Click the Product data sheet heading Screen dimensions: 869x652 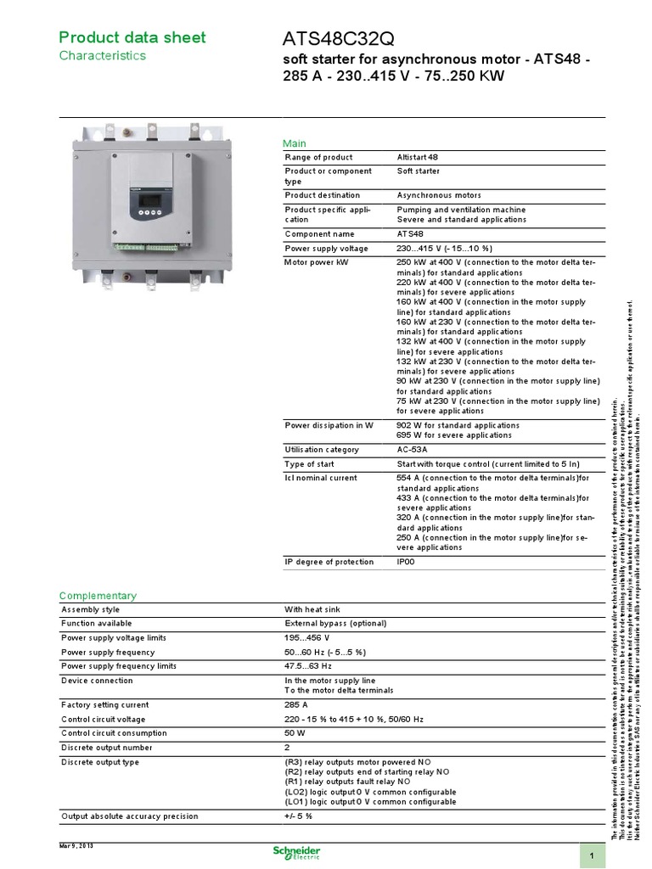click(x=132, y=37)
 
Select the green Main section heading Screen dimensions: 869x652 click(x=295, y=143)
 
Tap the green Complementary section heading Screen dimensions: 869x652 click(x=98, y=596)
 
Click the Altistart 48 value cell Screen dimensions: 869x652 click(x=418, y=158)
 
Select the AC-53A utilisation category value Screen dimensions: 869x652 click(x=413, y=450)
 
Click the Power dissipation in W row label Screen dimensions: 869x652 click(x=329, y=425)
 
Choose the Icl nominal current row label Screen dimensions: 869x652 click(x=322, y=478)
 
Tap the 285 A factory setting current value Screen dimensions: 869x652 click(x=296, y=705)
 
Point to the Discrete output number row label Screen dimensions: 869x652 click(x=106, y=748)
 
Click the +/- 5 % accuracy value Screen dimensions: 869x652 click(x=299, y=816)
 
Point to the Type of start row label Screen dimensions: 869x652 click(x=309, y=464)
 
